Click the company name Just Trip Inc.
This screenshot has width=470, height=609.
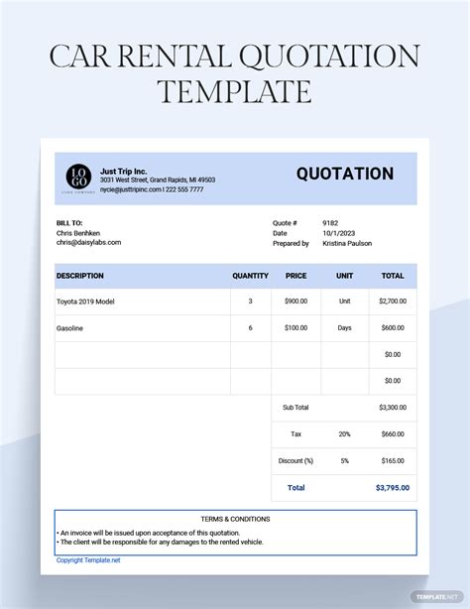pyautogui.click(x=123, y=170)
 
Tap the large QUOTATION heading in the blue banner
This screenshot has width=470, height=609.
pyautogui.click(x=344, y=174)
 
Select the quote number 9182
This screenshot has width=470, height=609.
pyautogui.click(x=330, y=223)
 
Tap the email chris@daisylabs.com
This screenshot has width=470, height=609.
pyautogui.click(x=88, y=242)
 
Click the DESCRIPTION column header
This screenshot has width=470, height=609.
pyautogui.click(x=79, y=276)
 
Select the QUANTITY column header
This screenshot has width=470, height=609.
pyautogui.click(x=250, y=276)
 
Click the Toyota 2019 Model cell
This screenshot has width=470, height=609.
pyautogui.click(x=89, y=302)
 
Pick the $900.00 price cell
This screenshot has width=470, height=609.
pyautogui.click(x=295, y=302)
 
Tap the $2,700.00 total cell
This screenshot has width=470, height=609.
pyautogui.click(x=392, y=302)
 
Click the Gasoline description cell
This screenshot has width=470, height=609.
pyautogui.click(x=69, y=328)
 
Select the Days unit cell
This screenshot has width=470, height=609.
pyautogui.click(x=344, y=328)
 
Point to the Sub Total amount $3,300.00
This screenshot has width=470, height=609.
pyautogui.click(x=391, y=407)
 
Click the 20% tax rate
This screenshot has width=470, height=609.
pyautogui.click(x=344, y=433)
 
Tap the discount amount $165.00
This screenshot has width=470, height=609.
pyautogui.click(x=392, y=460)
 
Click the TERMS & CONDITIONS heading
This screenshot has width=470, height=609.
pyautogui.click(x=235, y=519)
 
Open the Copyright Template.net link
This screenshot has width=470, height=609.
pyautogui.click(x=88, y=560)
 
